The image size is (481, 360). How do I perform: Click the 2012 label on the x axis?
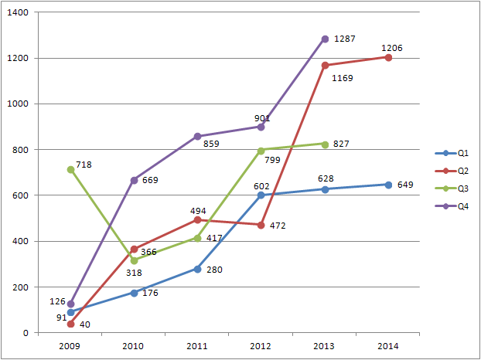261,347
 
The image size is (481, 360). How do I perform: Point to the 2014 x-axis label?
388,347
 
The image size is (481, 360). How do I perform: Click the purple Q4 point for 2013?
325,39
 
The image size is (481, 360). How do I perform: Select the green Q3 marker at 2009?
70,169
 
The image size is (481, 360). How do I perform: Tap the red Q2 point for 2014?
388,57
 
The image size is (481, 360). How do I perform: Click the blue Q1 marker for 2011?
198,269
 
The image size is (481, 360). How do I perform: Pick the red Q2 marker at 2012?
261,225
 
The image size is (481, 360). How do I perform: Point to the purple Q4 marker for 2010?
135,180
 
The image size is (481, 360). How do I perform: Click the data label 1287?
345,39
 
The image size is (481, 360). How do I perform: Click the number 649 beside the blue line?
405,185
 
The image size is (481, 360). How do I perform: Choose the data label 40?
85,324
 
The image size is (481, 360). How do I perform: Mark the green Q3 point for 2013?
325,144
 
